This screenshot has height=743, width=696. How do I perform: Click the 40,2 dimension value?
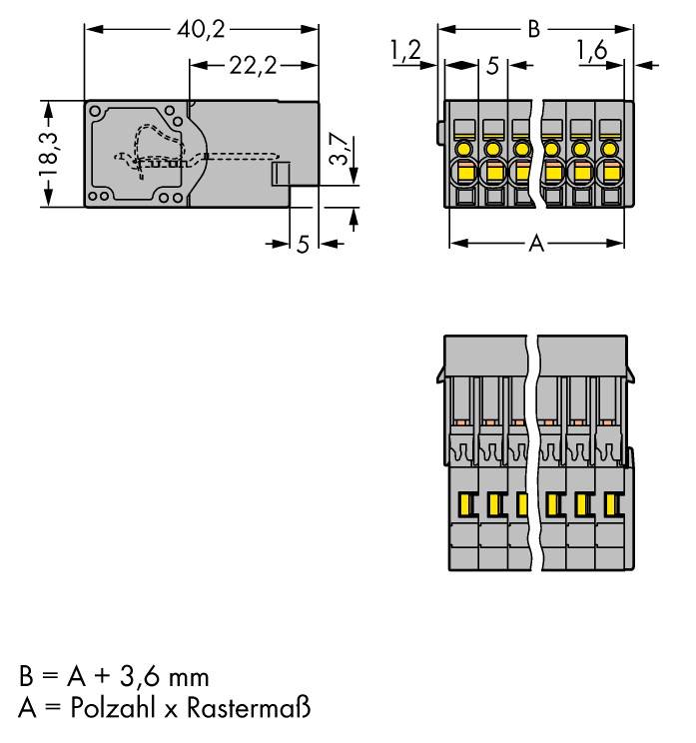coord(201,28)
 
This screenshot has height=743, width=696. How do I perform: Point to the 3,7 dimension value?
coord(340,150)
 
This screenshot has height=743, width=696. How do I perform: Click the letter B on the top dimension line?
coord(534,28)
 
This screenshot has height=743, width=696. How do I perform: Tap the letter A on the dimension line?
coord(536,243)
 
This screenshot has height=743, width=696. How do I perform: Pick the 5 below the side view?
coord(303,244)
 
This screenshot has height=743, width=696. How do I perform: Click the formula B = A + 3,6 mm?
coord(114,677)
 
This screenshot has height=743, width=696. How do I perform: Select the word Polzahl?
coord(104,709)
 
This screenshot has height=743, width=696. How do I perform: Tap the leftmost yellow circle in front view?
coord(463,149)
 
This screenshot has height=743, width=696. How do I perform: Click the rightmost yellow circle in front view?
coord(607,149)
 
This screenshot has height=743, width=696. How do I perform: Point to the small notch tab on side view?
coord(281,174)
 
